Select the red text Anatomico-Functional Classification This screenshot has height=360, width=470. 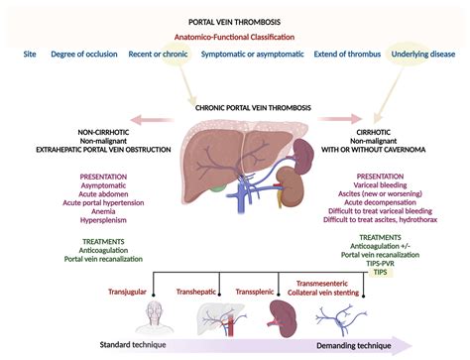[234, 40]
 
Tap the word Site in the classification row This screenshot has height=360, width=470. [33, 60]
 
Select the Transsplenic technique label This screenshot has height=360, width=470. [264, 291]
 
